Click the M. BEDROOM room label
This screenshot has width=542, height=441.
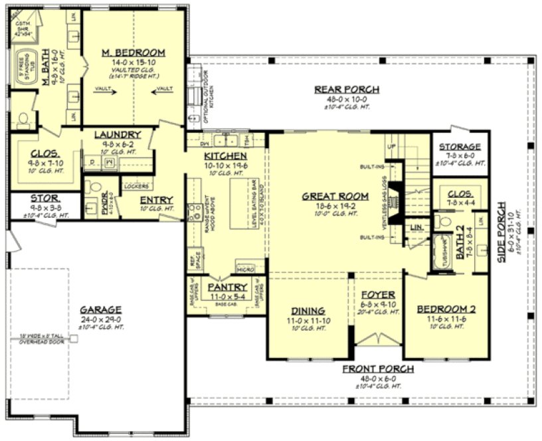tap(134, 52)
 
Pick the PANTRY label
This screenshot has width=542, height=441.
tap(228, 287)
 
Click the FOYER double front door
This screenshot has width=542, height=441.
tap(375, 338)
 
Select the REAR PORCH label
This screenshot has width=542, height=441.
tap(347, 90)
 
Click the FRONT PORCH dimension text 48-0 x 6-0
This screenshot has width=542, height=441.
tap(379, 378)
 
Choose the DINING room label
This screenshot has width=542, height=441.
tap(308, 310)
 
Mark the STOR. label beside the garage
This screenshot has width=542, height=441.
tap(45, 198)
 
